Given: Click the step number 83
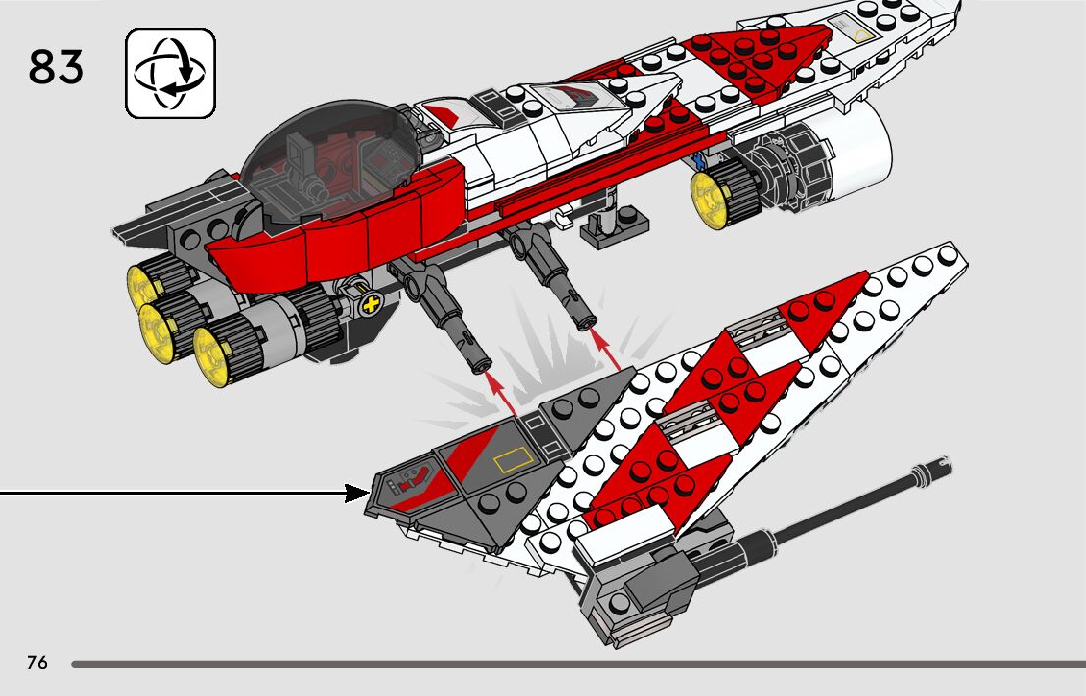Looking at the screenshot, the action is [57, 68].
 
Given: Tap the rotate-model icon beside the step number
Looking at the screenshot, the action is [170, 74].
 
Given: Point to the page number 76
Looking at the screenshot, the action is [37, 663].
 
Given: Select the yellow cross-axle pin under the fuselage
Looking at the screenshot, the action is [370, 305].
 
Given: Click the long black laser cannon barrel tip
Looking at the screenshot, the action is [933, 470].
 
